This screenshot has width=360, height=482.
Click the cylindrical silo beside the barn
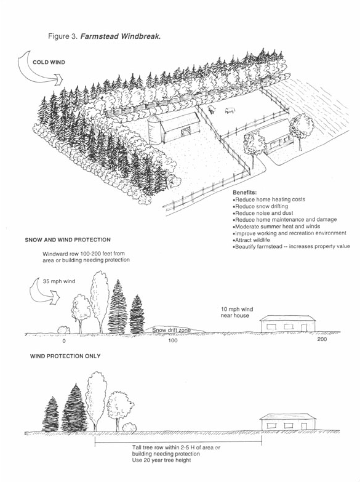(x=157, y=130)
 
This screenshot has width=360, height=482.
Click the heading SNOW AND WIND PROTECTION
(x=68, y=239)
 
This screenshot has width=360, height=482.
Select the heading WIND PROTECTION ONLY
(x=65, y=356)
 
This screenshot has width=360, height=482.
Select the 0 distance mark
(x=63, y=340)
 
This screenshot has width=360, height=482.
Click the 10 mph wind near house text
(x=237, y=312)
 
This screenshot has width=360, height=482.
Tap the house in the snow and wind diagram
(x=287, y=324)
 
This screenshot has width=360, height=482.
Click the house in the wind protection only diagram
(x=288, y=422)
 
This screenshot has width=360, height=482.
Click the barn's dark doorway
(x=183, y=133)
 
